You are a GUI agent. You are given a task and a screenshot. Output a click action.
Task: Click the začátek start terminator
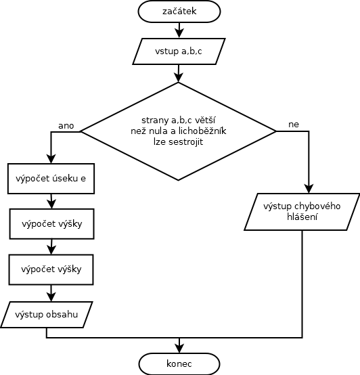(x=179, y=12)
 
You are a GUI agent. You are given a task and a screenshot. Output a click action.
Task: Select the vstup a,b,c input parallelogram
(x=179, y=51)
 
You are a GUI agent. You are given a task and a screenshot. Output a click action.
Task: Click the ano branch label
(x=66, y=126)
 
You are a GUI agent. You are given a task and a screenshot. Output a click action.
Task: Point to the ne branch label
(x=294, y=125)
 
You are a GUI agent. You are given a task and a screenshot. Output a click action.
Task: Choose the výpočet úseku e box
(x=51, y=179)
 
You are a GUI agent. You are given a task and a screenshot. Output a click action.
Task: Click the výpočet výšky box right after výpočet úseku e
(x=51, y=224)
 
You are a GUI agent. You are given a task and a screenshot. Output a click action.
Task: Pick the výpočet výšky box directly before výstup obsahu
(x=51, y=269)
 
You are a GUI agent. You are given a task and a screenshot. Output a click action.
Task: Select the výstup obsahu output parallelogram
(x=47, y=315)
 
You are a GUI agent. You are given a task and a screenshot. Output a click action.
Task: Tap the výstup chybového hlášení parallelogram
(x=302, y=212)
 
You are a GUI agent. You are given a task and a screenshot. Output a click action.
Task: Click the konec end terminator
(x=179, y=363)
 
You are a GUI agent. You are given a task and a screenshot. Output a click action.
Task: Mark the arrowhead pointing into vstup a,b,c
(x=179, y=33)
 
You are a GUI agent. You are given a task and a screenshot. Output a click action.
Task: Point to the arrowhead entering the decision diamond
(x=179, y=77)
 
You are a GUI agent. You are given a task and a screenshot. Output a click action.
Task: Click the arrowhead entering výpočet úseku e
(x=51, y=159)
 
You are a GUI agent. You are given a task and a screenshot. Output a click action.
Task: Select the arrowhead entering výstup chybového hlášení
(x=309, y=188)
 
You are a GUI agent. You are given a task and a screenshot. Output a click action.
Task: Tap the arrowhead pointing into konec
(x=179, y=348)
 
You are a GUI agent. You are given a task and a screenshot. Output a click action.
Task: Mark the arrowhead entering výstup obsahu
(x=51, y=296)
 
